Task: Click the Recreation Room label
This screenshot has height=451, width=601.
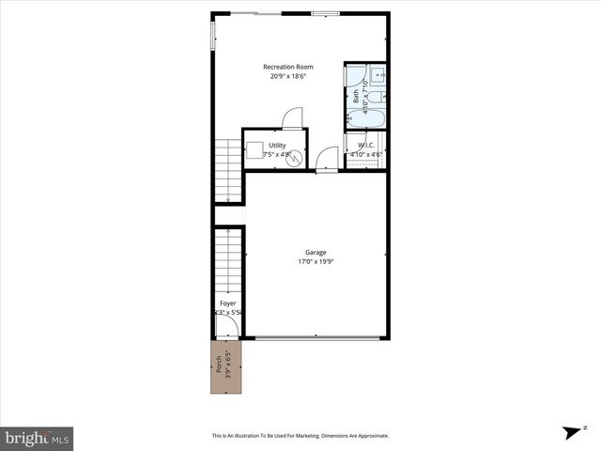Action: tap(287, 67)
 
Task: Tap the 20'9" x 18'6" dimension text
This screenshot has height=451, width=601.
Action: tap(287, 76)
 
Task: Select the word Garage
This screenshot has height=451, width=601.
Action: tap(316, 252)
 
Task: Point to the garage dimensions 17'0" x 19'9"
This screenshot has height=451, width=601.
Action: tap(316, 261)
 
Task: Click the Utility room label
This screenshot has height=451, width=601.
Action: tap(277, 145)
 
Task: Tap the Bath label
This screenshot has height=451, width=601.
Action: tap(356, 95)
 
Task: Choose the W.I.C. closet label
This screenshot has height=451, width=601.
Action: tap(365, 145)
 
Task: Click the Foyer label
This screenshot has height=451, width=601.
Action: tap(227, 303)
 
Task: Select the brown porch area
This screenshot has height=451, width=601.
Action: tap(226, 366)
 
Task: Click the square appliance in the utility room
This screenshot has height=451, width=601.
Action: tap(255, 148)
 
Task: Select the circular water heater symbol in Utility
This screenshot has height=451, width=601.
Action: tap(295, 158)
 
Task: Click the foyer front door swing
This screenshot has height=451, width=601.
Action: tap(226, 326)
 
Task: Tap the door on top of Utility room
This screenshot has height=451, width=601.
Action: tap(293, 118)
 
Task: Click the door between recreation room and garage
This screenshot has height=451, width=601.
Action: tap(327, 159)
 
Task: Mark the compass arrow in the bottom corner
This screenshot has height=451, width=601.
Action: tap(571, 431)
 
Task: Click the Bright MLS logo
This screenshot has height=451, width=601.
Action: tap(38, 437)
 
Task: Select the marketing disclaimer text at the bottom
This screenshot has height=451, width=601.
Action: tap(300, 435)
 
